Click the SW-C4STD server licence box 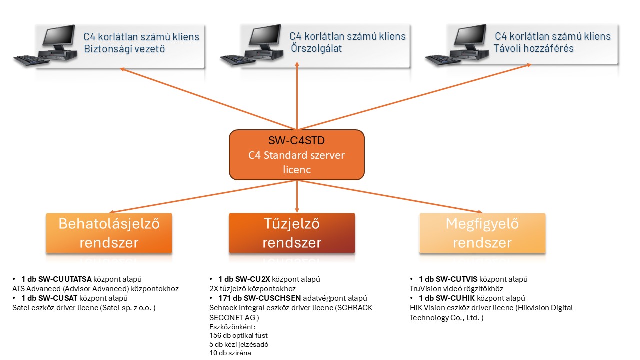(x=297, y=155)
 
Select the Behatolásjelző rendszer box (x=109, y=233)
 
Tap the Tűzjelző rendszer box (x=292, y=233)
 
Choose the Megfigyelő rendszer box (x=482, y=233)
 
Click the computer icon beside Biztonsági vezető (x=44, y=48)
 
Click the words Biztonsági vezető (x=124, y=49)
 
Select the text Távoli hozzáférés (x=533, y=49)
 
